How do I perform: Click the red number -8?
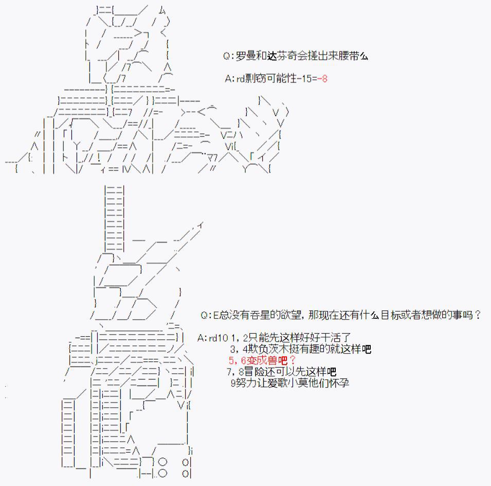(x=322, y=78)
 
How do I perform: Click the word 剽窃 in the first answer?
(x=255, y=78)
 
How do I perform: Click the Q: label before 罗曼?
(x=229, y=57)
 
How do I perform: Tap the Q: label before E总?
(x=206, y=315)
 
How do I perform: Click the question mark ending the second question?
(x=478, y=315)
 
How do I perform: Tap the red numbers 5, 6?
(x=238, y=360)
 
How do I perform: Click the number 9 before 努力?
(x=233, y=383)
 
